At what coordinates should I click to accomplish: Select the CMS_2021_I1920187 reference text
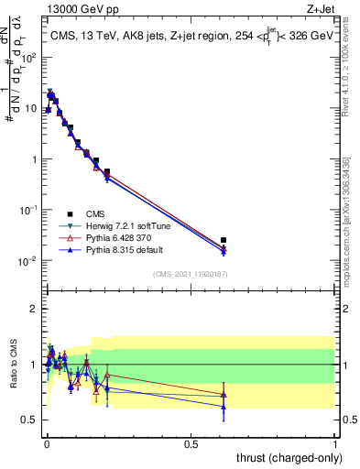191,274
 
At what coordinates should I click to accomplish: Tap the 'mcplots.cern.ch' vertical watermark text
351,211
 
